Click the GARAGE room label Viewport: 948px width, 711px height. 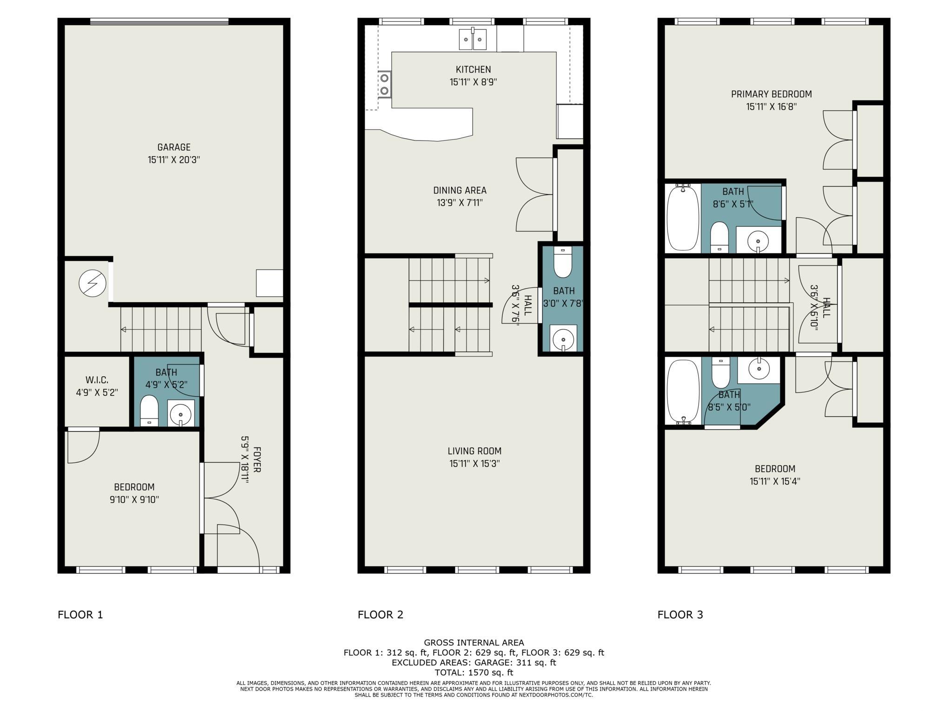click(174, 147)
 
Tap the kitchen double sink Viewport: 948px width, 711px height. click(473, 39)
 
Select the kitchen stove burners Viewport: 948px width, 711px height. click(384, 85)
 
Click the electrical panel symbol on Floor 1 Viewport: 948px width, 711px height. click(92, 283)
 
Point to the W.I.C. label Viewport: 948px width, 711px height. click(97, 380)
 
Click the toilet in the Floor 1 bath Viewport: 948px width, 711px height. click(149, 410)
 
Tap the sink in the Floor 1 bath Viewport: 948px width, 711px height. click(180, 413)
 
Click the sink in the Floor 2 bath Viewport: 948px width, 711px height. click(563, 338)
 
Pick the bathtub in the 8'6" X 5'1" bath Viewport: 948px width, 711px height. click(682, 218)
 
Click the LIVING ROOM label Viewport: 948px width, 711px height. click(474, 451)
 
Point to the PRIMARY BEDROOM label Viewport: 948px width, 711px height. click(771, 94)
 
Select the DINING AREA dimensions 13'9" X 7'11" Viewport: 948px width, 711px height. click(460, 203)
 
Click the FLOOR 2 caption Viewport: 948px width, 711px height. click(380, 615)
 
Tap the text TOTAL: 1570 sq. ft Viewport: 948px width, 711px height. click(474, 672)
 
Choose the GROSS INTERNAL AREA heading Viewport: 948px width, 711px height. click(474, 643)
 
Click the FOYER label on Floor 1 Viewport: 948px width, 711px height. click(257, 460)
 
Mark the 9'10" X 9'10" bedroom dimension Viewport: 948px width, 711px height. click(134, 500)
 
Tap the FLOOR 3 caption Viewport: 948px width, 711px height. click(680, 615)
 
